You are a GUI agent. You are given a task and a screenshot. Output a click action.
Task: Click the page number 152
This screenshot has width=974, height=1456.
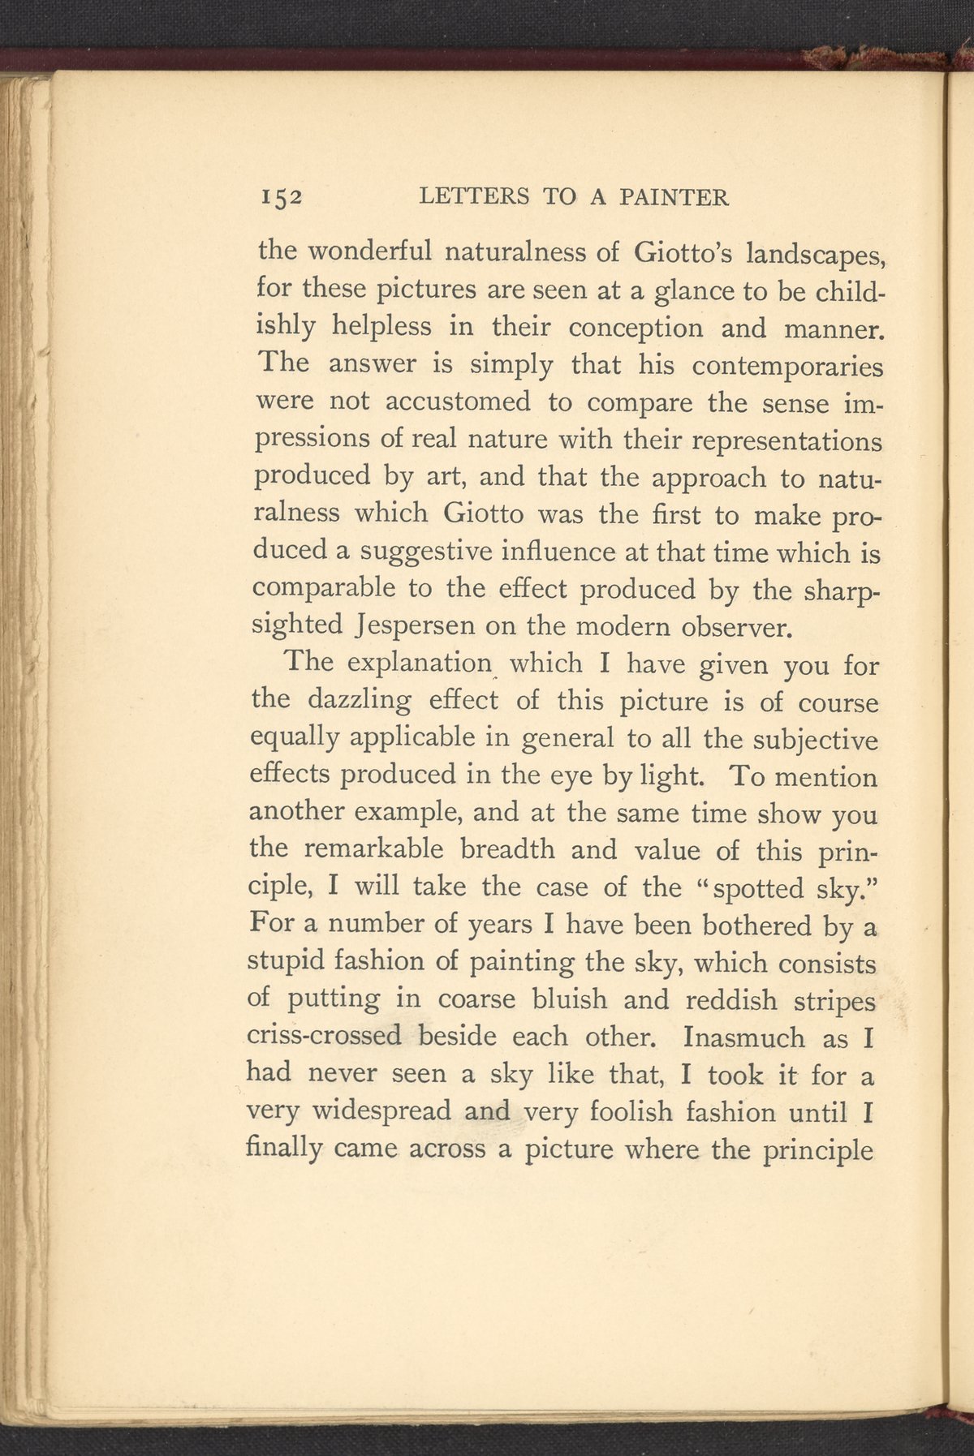click(281, 197)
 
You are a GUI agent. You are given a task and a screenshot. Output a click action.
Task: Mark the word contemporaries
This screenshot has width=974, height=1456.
click(787, 367)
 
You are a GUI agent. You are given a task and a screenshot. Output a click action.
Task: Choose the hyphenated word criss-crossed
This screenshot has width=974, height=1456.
click(324, 1037)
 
